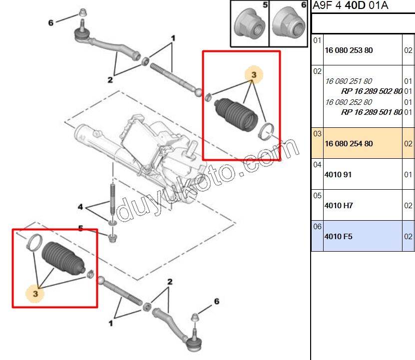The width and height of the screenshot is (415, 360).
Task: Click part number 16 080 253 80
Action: pos(349,50)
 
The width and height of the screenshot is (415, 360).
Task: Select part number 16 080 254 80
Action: pos(349,144)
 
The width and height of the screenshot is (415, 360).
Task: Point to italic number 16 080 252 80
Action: pos(349,102)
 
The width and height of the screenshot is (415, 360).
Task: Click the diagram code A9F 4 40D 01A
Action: pos(350,6)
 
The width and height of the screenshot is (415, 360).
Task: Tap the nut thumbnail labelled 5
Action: pos(249,23)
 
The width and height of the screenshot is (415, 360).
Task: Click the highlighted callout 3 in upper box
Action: pos(254,75)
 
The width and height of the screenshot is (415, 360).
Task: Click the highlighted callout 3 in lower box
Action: pos(35,294)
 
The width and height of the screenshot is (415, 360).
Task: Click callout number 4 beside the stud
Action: pos(80,206)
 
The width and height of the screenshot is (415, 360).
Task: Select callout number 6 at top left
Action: pos(50,22)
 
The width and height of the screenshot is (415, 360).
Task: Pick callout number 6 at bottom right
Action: pos(217,301)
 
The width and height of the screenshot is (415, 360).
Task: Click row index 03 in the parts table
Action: pos(317,134)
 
